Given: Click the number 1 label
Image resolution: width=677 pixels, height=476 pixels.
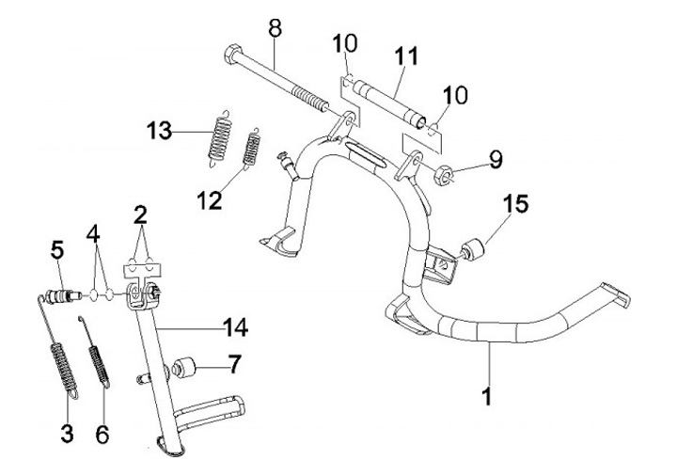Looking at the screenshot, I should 486,397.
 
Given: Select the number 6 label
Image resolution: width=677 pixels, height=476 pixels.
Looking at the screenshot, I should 102,434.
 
